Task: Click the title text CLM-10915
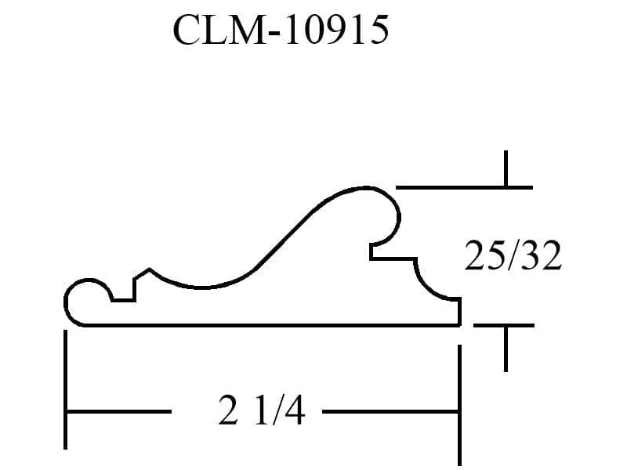click(x=281, y=30)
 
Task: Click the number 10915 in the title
click(x=337, y=30)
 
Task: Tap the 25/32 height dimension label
click(x=513, y=256)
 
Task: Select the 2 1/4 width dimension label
click(x=262, y=410)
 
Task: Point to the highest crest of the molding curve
click(x=366, y=187)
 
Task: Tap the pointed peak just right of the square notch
click(x=149, y=269)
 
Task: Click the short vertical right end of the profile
click(x=460, y=312)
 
